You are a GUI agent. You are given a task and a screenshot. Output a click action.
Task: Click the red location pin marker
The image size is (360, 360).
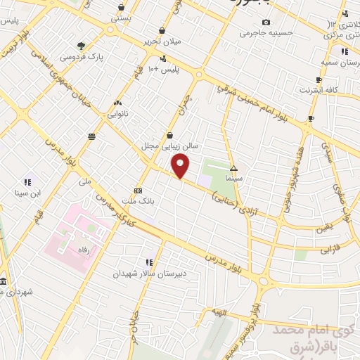tap(181, 167)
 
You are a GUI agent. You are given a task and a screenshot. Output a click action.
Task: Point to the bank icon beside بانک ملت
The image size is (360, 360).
tap(138, 190)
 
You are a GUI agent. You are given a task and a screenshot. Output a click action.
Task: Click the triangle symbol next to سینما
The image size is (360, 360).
tap(234, 169)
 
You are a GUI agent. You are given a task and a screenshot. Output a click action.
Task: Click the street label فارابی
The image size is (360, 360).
tap(330, 249)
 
